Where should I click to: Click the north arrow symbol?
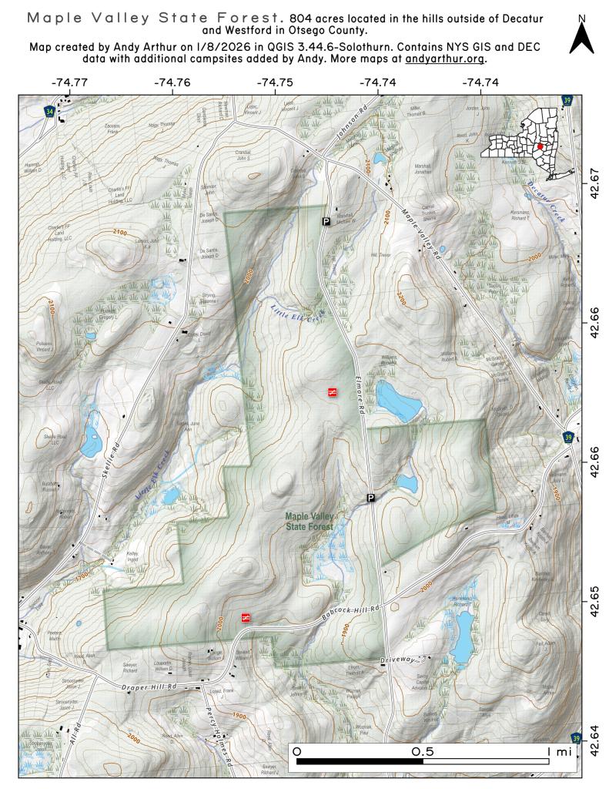click(581, 35)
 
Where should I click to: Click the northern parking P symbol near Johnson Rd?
click(326, 221)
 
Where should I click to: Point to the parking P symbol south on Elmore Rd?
click(370, 498)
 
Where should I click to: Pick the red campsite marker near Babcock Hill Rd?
click(246, 617)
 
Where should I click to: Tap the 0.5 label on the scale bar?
click(423, 750)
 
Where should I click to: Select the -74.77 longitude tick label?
click(69, 82)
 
